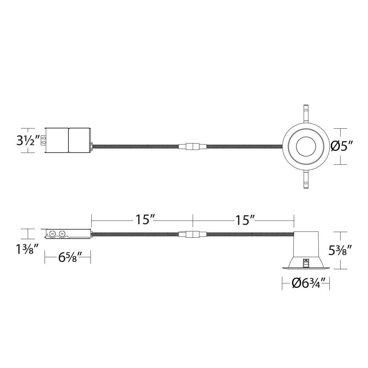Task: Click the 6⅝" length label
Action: [68, 258]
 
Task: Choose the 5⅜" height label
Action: [340, 250]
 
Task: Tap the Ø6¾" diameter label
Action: [306, 283]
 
